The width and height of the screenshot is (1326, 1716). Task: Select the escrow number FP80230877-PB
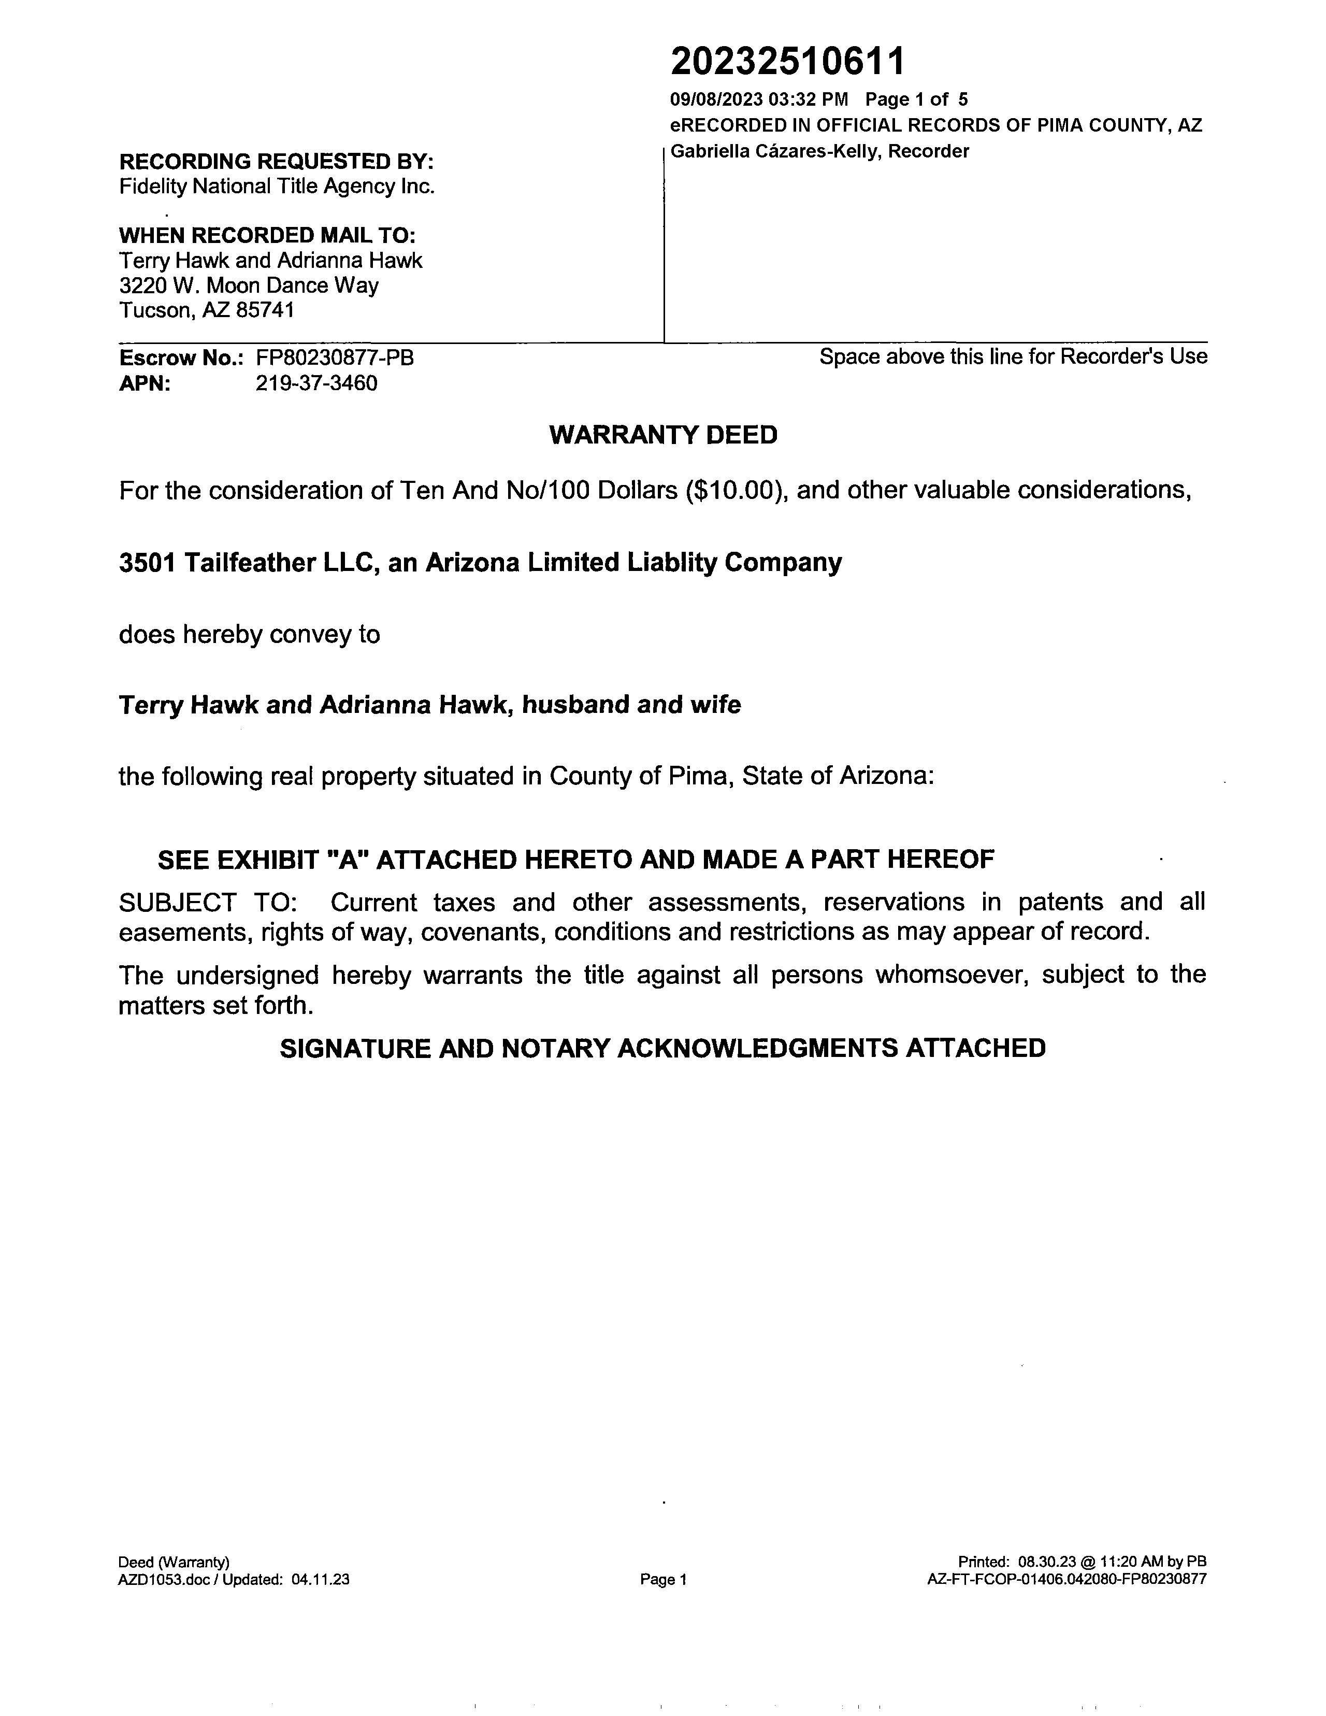click(x=335, y=359)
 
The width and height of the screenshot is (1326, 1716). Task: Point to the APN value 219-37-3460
click(x=316, y=383)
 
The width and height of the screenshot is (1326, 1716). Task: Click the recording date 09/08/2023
click(x=716, y=100)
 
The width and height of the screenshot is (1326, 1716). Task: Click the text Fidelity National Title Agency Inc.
click(x=277, y=186)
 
